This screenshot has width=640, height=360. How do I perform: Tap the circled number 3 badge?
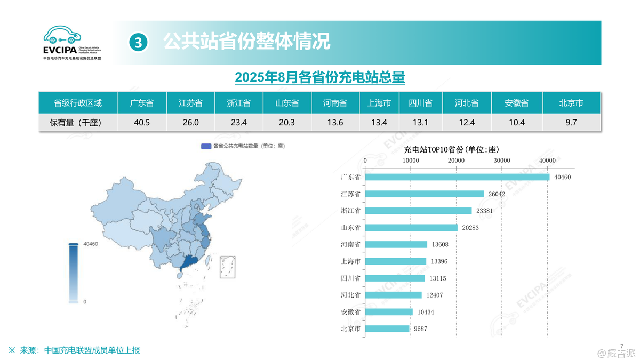point(138,42)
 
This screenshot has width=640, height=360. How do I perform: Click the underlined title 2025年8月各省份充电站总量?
point(319,77)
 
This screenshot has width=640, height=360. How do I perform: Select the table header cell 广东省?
point(142,103)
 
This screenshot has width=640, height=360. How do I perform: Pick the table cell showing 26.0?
point(190,123)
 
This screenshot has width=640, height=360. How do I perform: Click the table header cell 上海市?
point(379,103)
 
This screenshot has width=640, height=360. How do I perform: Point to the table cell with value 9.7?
point(571,123)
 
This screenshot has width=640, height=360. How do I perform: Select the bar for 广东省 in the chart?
point(457,177)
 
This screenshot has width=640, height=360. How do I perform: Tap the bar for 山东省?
point(411,228)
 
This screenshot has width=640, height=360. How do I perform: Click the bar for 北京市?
point(387,329)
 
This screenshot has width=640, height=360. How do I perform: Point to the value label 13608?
point(441,244)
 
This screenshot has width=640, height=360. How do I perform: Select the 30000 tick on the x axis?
point(501,161)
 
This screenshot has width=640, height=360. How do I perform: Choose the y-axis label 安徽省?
point(350,312)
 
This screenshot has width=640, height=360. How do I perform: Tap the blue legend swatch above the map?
point(206,145)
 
